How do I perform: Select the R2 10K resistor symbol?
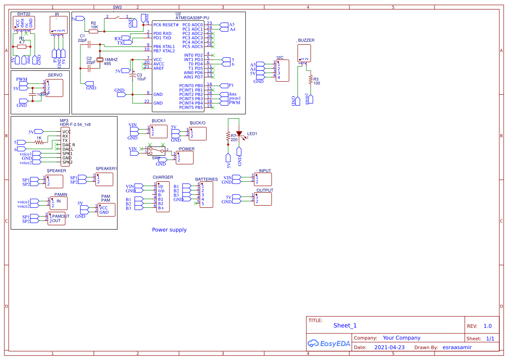tap(94, 31)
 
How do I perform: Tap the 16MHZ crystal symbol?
tap(100, 60)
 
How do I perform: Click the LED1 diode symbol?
tap(239, 133)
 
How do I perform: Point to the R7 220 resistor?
tap(227, 137)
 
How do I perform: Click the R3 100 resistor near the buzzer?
tap(310, 79)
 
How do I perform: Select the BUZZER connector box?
tap(304, 53)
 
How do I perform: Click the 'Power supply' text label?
tap(169, 230)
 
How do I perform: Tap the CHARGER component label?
tap(163, 177)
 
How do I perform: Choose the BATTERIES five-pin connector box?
tap(206, 194)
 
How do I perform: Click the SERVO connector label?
tap(55, 75)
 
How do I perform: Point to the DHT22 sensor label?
tap(23, 14)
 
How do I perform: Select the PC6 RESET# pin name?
tap(166, 25)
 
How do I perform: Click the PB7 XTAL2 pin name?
tap(164, 51)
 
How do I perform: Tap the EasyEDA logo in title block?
tap(329, 343)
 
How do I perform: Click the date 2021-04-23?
tap(389, 347)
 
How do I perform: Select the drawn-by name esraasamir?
tap(457, 347)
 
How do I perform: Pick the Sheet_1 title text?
tap(345, 326)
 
